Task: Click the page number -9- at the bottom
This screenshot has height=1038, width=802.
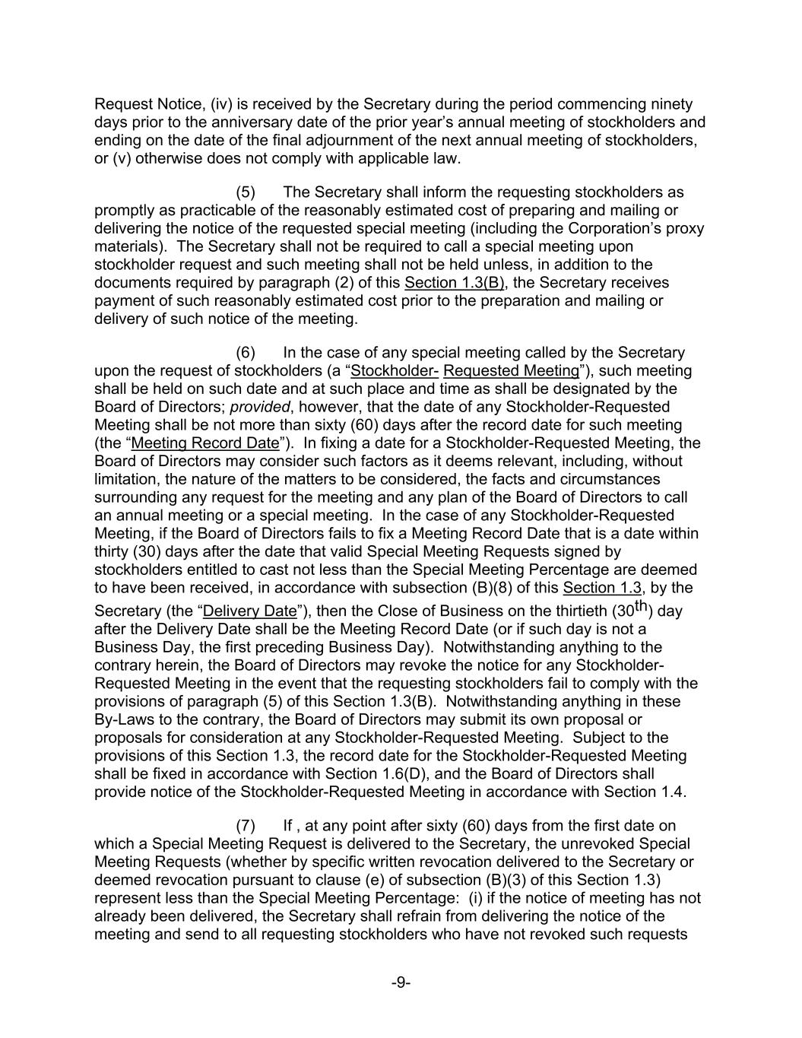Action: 401,982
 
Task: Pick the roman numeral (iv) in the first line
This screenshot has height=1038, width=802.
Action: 209,105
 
